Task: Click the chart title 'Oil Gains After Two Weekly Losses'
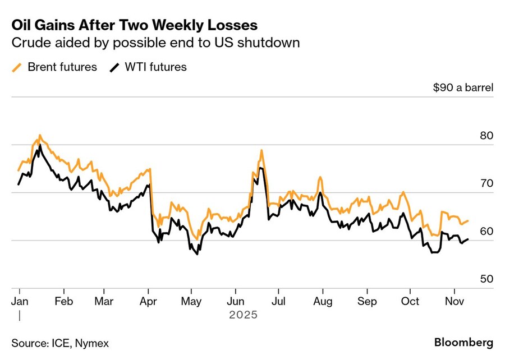(x=135, y=25)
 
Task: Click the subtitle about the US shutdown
(x=155, y=44)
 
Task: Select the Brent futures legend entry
(x=54, y=67)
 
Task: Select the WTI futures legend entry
(x=148, y=67)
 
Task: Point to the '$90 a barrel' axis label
(x=463, y=88)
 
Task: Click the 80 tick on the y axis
(x=485, y=136)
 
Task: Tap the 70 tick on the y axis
(x=485, y=184)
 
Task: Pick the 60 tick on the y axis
(x=485, y=232)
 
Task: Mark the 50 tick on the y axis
(x=485, y=279)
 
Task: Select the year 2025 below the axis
(x=243, y=315)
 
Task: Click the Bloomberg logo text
(x=464, y=342)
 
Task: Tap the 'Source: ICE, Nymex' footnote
(x=60, y=343)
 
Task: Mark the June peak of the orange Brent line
(x=261, y=150)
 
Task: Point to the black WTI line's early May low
(x=197, y=255)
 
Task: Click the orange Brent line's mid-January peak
(x=39, y=135)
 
